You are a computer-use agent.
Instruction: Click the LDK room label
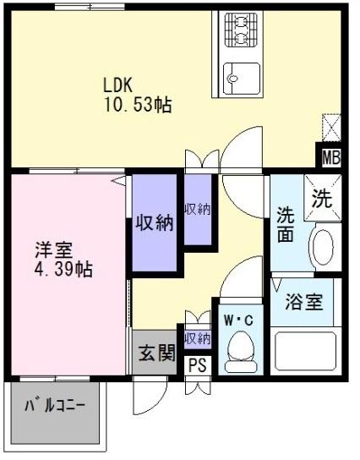pos(119,85)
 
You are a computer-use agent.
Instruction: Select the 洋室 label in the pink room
pos(52,250)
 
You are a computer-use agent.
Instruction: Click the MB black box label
pos(330,157)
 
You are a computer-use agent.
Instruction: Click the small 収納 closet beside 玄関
pos(197,338)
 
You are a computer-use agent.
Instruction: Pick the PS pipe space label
pos(196,365)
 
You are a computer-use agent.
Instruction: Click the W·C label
pos(239,320)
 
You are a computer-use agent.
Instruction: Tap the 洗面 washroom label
pos(286,224)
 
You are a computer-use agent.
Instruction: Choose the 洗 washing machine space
pos(322,199)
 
